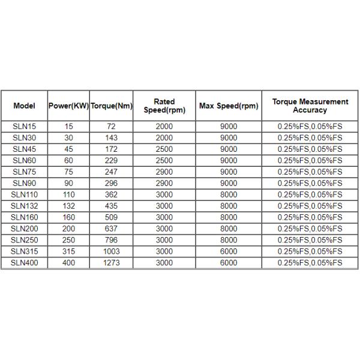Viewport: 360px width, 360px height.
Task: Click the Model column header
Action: [25, 106]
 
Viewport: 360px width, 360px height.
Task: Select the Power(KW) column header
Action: [68, 106]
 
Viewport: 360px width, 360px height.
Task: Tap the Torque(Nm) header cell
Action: [111, 106]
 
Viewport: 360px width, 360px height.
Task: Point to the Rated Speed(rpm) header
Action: [164, 106]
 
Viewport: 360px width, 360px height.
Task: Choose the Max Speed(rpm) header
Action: [229, 106]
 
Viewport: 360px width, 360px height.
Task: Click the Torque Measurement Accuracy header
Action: [310, 106]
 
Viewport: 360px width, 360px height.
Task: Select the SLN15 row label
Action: [25, 127]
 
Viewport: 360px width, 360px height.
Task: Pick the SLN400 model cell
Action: [25, 263]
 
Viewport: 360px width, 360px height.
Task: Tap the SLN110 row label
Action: [25, 194]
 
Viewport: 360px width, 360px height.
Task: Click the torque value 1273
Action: [111, 263]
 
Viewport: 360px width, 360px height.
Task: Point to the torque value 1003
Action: [111, 251]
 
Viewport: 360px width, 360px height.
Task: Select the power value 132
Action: [68, 206]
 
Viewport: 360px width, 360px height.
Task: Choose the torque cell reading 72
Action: [111, 127]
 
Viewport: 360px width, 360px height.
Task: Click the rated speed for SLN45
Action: [164, 149]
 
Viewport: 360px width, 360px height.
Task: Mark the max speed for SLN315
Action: [229, 251]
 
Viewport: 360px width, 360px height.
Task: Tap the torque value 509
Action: [111, 217]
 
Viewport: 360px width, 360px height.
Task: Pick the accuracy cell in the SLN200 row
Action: [310, 229]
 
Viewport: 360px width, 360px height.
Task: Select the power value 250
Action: [68, 240]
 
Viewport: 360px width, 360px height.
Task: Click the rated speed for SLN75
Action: [164, 172]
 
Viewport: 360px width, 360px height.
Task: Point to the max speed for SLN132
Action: [229, 206]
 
